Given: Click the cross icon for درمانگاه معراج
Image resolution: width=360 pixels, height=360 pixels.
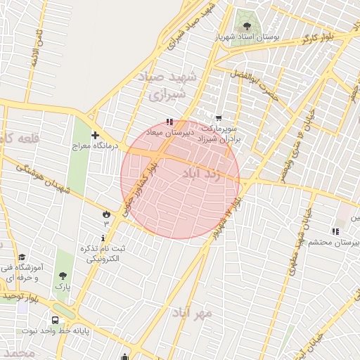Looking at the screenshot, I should pyautogui.click(x=95, y=135).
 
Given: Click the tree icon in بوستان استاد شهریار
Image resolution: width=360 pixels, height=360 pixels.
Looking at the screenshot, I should pyautogui.click(x=246, y=19).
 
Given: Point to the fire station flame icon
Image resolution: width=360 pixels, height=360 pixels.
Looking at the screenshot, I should pyautogui.click(x=106, y=212).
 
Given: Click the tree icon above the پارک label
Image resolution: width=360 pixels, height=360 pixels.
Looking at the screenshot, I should pyautogui.click(x=63, y=276).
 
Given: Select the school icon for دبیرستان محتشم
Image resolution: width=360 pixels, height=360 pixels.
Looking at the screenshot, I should pyautogui.click(x=335, y=231).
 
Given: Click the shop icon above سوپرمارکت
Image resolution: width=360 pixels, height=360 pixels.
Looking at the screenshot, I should pyautogui.click(x=219, y=118).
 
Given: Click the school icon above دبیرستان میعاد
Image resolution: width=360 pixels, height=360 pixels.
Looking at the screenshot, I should pyautogui.click(x=168, y=122).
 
